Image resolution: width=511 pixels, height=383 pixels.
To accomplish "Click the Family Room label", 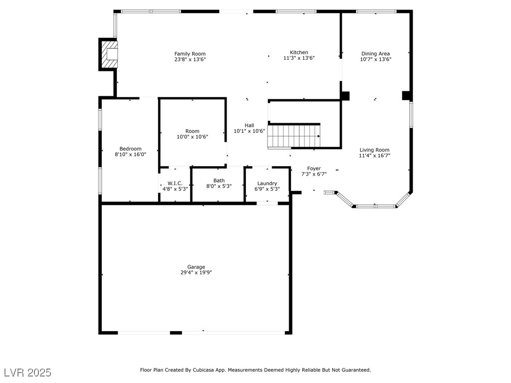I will pos(190,54).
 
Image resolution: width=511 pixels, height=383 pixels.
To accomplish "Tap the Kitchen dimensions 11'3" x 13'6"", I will pos(299,58).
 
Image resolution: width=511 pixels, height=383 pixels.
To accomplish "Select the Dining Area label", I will pos(375,53).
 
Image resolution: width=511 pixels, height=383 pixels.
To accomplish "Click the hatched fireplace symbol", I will pos(110,54).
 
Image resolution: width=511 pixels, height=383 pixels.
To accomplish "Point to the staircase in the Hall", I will pos(293,136).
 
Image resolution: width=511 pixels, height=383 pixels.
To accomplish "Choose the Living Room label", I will pos(374,150).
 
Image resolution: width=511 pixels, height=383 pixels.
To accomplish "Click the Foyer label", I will pos(314,169).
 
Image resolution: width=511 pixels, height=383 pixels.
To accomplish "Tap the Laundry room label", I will pos(267,184).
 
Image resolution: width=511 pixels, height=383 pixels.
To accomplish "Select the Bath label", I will pos(219,181).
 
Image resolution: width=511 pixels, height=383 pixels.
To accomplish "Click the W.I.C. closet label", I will pos(175,184).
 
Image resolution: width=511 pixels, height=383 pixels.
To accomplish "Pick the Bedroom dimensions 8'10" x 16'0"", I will pos(130,155).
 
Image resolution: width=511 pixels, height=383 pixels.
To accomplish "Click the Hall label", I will pos(249,125).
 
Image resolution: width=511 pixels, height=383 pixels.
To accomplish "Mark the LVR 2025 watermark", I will pos(27,373).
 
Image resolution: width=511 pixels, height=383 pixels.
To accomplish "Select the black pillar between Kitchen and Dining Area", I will pos(345,96).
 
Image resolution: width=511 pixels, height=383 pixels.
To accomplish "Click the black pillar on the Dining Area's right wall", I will pos(406,95).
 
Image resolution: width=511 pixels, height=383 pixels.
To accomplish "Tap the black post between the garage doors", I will pos(176,332).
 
